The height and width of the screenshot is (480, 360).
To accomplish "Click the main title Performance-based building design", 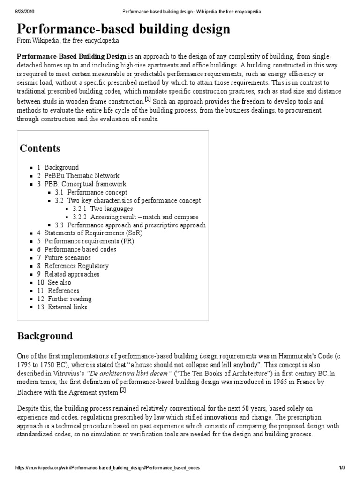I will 124,29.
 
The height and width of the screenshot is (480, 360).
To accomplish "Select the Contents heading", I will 40,149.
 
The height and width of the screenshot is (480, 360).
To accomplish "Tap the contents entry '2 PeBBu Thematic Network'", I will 67,176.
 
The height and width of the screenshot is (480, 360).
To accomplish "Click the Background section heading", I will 45,336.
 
